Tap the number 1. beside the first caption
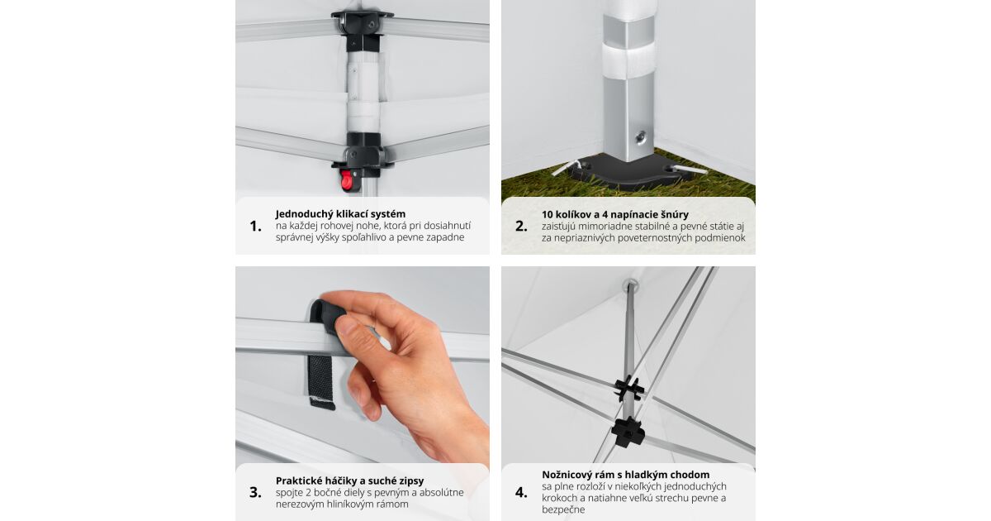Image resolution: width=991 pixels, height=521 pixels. (x=256, y=227)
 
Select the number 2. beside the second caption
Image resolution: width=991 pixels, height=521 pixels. (x=521, y=227)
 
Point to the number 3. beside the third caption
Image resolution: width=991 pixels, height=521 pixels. (x=255, y=492)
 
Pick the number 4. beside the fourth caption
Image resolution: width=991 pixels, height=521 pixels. (x=521, y=492)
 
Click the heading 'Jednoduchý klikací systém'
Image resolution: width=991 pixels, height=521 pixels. (x=340, y=214)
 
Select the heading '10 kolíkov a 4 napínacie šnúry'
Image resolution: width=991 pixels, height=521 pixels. (x=615, y=214)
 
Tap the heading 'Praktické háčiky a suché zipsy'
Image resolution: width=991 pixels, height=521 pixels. (x=349, y=480)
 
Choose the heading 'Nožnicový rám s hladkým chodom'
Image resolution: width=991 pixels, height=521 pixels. (x=626, y=475)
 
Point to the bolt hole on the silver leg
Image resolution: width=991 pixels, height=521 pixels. (x=641, y=137)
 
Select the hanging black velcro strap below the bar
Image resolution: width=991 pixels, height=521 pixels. (x=320, y=382)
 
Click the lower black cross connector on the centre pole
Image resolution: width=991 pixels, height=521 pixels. (x=628, y=432)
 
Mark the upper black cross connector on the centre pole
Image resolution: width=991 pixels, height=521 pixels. (x=628, y=388)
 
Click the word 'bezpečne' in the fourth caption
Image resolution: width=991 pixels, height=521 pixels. (x=563, y=510)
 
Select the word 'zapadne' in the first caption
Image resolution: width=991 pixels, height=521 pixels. (x=444, y=237)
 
